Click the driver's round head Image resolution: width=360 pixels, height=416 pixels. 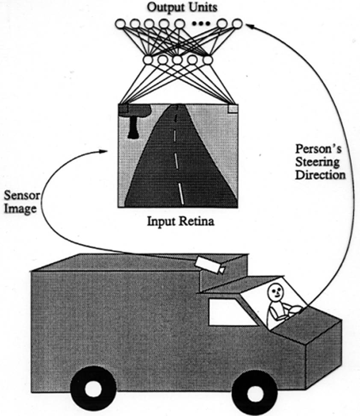point(275,292)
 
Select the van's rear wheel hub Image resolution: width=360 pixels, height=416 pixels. point(93,388)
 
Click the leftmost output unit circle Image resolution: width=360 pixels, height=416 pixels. point(120,23)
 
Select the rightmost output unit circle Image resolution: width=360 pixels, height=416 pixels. point(237,23)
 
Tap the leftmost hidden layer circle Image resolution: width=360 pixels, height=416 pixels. point(148,60)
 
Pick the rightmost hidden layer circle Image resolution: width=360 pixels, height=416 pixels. point(207,60)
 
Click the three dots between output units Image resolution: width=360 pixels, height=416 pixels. point(200,24)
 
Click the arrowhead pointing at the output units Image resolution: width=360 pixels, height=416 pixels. point(249,26)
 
